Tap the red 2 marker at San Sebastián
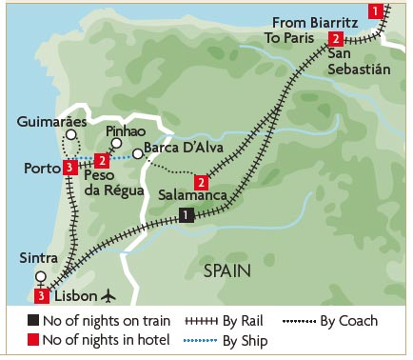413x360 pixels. pyautogui.click(x=335, y=39)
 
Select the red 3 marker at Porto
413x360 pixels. pyautogui.click(x=69, y=169)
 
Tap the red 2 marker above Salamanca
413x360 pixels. pyautogui.click(x=201, y=181)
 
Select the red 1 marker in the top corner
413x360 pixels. pyautogui.click(x=378, y=10)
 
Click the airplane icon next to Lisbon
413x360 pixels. pyautogui.click(x=106, y=295)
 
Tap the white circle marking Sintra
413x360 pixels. pyautogui.click(x=40, y=277)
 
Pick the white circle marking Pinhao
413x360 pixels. pyautogui.click(x=116, y=144)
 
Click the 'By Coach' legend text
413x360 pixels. pyautogui.click(x=349, y=321)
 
